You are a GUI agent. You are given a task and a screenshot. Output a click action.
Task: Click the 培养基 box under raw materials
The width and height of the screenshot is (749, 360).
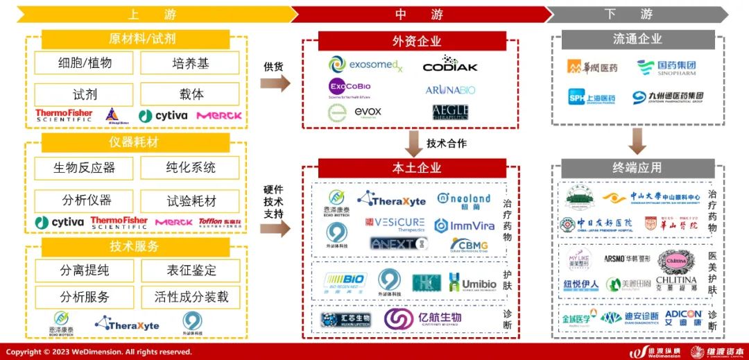point(189,63)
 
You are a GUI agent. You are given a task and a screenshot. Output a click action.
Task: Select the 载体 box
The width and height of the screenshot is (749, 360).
point(189,94)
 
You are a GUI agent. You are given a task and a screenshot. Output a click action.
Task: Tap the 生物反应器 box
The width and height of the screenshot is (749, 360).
point(84,168)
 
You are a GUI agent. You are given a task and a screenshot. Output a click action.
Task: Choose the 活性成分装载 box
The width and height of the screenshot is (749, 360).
point(191,297)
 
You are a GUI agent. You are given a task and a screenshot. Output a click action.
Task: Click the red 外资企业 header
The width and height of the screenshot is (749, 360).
point(416,41)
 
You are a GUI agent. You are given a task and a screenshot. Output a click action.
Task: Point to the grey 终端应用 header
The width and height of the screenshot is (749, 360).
point(637,168)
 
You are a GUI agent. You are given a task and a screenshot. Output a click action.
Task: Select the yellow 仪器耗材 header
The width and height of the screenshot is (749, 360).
point(134,142)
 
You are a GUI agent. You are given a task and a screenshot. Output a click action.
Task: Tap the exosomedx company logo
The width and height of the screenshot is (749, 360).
point(365,65)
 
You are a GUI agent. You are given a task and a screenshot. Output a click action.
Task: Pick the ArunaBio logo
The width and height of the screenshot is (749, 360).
point(451,90)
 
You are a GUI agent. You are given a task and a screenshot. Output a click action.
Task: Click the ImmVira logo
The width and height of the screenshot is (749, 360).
point(464,225)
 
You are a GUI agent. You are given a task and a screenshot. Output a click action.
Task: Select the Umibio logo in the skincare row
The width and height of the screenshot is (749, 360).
point(472,282)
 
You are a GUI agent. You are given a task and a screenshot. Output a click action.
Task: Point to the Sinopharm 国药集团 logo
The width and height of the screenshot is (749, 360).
point(666,67)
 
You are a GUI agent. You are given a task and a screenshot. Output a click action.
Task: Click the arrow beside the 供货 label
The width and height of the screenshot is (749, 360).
point(275,84)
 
